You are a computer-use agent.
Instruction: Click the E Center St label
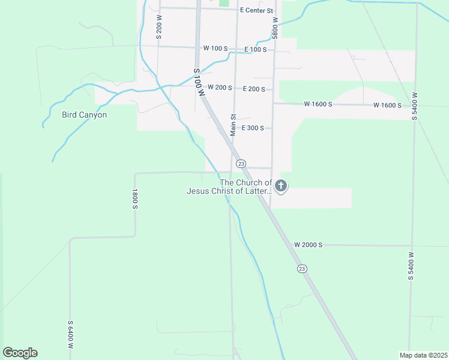[x=256, y=10]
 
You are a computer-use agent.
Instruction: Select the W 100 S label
[x=216, y=48]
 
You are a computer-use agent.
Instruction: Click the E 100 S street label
[x=255, y=49]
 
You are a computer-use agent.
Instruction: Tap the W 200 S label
[x=220, y=88]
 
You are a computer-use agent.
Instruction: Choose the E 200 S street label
[x=254, y=89]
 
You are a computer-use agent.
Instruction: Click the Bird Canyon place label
[x=84, y=115]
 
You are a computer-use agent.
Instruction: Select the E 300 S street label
[x=253, y=128]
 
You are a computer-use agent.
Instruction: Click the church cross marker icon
[x=280, y=187]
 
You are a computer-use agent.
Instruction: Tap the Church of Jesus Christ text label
[x=229, y=187]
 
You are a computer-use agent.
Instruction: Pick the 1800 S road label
[x=136, y=199]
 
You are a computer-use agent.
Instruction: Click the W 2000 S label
[x=309, y=245]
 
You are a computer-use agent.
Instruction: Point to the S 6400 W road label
[x=70, y=334]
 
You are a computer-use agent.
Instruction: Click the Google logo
[x=20, y=353]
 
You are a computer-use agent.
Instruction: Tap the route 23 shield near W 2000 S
[x=302, y=269]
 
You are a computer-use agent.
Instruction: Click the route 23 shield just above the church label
[x=241, y=163]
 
